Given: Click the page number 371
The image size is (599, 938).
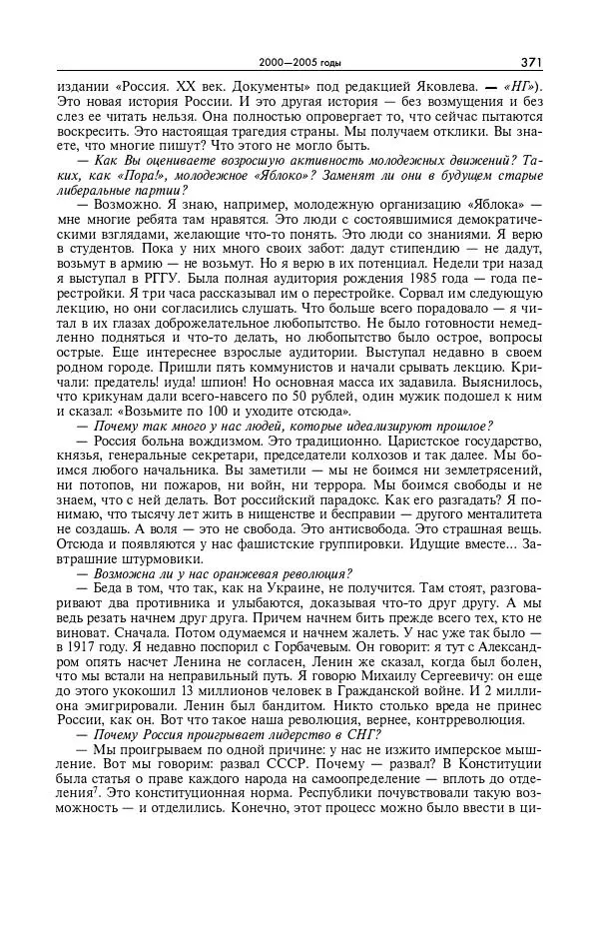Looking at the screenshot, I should coord(530,62).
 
